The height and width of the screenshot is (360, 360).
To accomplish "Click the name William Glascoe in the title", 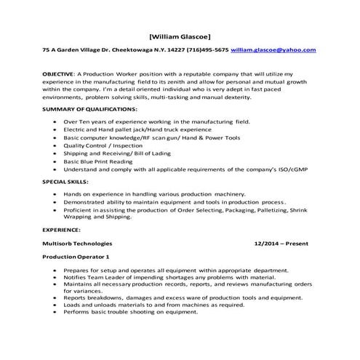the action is (180, 36).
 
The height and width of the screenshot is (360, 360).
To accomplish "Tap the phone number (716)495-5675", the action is (207, 50).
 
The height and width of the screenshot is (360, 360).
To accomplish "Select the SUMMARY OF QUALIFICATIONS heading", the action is (89, 108).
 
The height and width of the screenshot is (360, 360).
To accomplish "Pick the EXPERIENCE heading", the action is (61, 228).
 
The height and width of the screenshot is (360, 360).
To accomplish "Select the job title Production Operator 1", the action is (76, 257).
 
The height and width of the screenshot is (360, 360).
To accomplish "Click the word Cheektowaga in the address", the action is (121, 50).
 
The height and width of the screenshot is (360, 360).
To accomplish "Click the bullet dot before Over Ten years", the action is (56, 122).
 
